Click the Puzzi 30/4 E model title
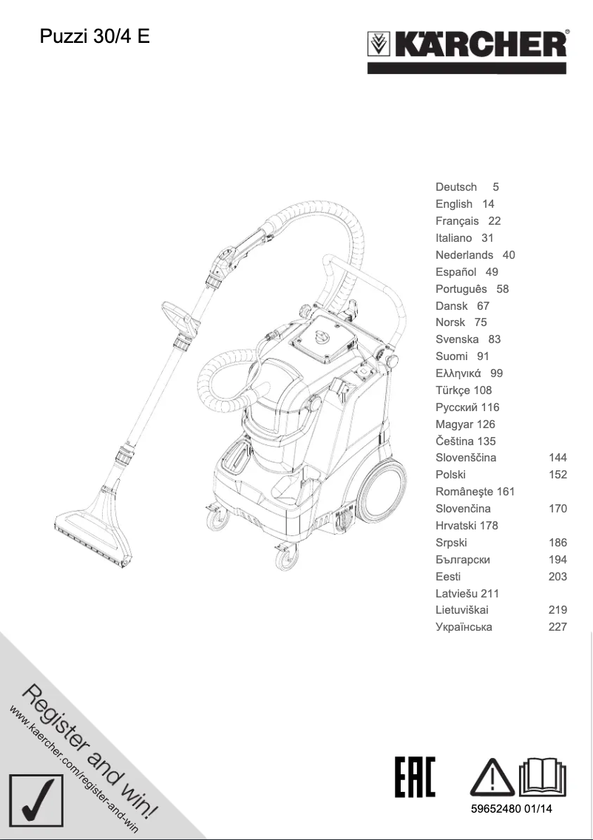click(x=95, y=36)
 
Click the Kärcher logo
click(x=467, y=49)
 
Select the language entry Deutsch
click(x=456, y=187)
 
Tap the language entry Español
click(x=455, y=272)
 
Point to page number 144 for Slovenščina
click(x=558, y=458)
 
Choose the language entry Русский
click(x=457, y=407)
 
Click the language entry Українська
click(x=464, y=627)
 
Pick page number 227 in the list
click(x=558, y=627)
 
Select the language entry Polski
click(x=450, y=475)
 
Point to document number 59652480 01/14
click(x=512, y=809)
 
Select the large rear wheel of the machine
click(x=384, y=490)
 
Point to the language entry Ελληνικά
click(x=458, y=373)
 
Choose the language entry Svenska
click(x=457, y=339)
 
